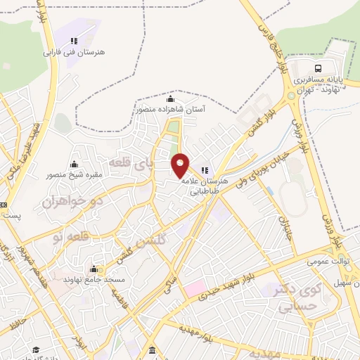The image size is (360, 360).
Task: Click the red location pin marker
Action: (x=181, y=164)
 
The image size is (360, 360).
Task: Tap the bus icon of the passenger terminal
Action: (x=319, y=68)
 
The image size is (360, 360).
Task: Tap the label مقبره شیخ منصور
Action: (x=75, y=174)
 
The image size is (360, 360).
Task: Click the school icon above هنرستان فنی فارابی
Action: (x=74, y=40)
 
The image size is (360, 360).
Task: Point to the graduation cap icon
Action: (x=35, y=349)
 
